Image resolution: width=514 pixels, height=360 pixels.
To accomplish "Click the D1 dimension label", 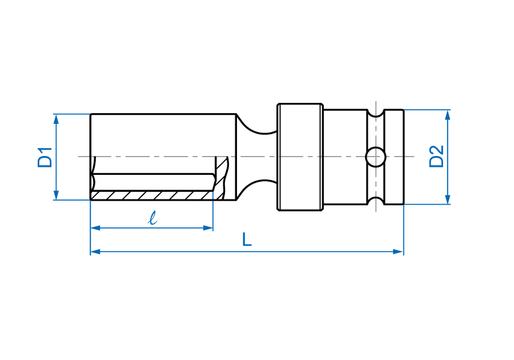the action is point(45,158).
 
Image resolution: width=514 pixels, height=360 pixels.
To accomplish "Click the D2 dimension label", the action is point(437,157).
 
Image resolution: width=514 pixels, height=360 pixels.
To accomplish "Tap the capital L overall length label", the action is point(247,239).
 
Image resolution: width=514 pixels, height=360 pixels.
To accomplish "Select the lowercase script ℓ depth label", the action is point(152,218).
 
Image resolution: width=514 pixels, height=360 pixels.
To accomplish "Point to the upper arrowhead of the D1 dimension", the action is point(56,119).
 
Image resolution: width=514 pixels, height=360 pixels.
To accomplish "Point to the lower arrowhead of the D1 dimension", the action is point(56,195).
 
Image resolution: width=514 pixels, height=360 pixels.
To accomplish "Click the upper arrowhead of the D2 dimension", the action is point(448,115).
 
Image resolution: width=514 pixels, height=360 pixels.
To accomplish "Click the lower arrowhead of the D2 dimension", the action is point(448,199).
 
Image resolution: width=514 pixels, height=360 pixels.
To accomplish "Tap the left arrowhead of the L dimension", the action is point(95,252).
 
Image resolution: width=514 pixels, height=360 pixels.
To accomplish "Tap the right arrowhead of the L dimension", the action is point(398,252).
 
